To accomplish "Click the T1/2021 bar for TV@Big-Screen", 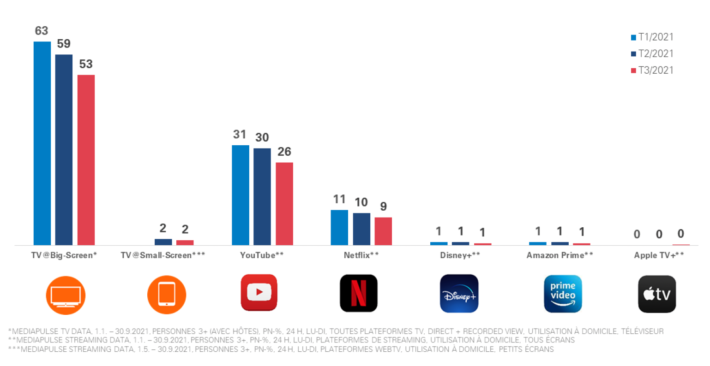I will (x=42, y=143).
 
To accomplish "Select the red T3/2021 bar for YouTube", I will (x=284, y=203).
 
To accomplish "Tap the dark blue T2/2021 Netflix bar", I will (x=361, y=229).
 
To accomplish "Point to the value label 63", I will (x=42, y=31).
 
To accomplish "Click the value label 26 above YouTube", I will (x=284, y=152).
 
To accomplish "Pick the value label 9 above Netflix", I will (x=383, y=207).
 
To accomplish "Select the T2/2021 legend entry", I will (x=652, y=54).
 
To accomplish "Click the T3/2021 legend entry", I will (x=652, y=71).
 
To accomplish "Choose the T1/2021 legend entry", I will (x=652, y=37).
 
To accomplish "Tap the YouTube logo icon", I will (x=259, y=293).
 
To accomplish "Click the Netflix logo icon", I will (x=359, y=293).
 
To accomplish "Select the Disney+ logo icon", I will (x=459, y=294).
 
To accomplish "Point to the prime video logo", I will (x=563, y=294).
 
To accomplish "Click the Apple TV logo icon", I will (x=657, y=294).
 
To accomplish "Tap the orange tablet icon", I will (x=167, y=295).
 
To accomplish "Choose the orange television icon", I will (x=66, y=295).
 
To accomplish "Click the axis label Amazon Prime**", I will (x=560, y=255).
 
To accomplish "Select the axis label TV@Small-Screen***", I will (x=163, y=255).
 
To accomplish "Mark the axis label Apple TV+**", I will (x=659, y=255).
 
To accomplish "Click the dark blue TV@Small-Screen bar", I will (x=163, y=242).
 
